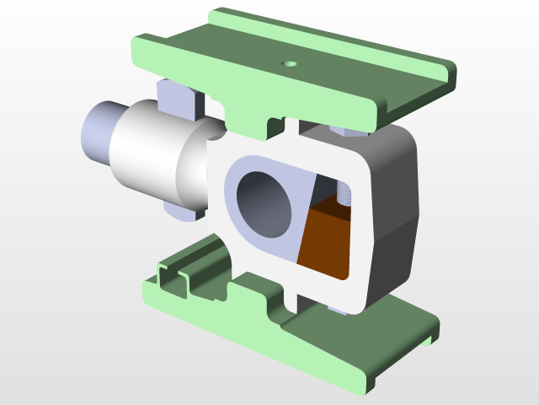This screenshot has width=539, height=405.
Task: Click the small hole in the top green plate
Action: click(289, 63)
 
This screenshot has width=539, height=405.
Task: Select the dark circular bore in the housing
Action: click(263, 203)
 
